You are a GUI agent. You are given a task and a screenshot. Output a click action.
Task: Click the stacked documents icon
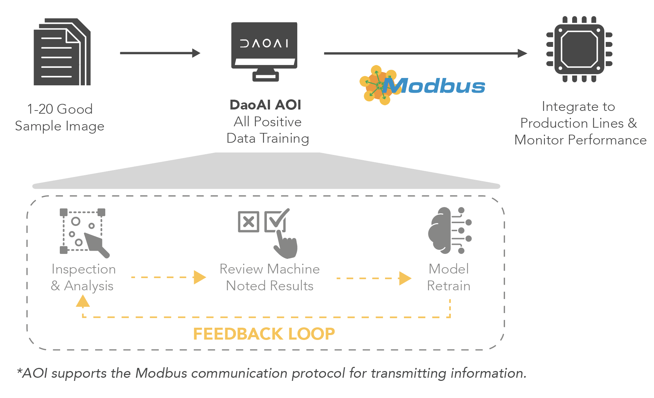[x=62, y=52]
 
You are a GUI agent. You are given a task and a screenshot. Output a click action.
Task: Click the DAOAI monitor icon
[x=264, y=51]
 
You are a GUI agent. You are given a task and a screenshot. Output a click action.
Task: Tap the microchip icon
[x=579, y=49]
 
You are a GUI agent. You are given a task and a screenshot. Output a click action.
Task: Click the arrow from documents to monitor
[x=160, y=53]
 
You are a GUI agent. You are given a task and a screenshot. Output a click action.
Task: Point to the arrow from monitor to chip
[x=425, y=54]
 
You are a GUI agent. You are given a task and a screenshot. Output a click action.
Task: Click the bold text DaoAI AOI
[x=265, y=105]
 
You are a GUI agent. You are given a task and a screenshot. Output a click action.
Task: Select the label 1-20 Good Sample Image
[x=60, y=118]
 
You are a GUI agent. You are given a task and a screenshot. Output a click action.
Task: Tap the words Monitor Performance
[x=581, y=140]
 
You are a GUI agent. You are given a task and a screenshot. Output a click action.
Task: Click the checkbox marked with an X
[x=248, y=222]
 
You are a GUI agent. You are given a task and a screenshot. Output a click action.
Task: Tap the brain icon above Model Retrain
[x=450, y=230]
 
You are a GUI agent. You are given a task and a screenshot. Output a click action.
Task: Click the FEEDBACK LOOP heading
[x=264, y=334]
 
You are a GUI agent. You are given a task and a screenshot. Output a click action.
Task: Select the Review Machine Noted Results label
[x=270, y=277]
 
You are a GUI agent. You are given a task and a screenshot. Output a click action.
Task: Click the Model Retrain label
[x=449, y=277]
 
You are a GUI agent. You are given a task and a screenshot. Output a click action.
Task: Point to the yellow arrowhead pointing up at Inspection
[x=83, y=301]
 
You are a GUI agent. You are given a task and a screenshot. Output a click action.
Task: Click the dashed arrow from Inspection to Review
[x=168, y=277]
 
